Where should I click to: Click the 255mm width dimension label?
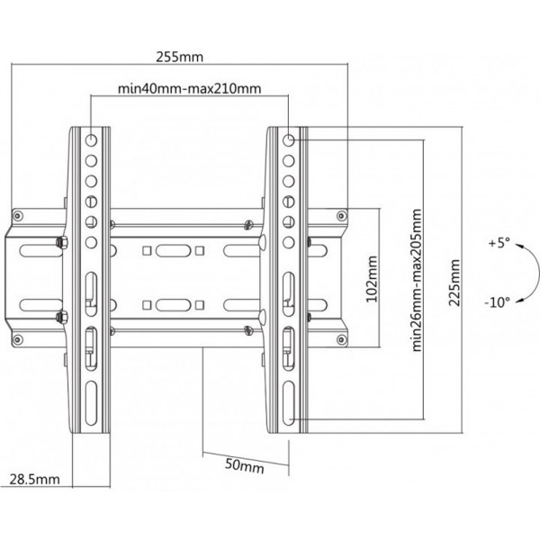click(x=180, y=56)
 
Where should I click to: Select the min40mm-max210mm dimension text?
click(x=190, y=89)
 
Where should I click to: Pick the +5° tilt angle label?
click(x=499, y=243)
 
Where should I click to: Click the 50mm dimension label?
click(x=246, y=466)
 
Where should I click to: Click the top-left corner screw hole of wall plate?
click(x=17, y=215)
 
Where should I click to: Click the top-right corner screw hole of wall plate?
click(x=341, y=215)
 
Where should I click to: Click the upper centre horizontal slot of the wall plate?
click(x=171, y=249)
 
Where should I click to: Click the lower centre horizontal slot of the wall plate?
click(x=171, y=303)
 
